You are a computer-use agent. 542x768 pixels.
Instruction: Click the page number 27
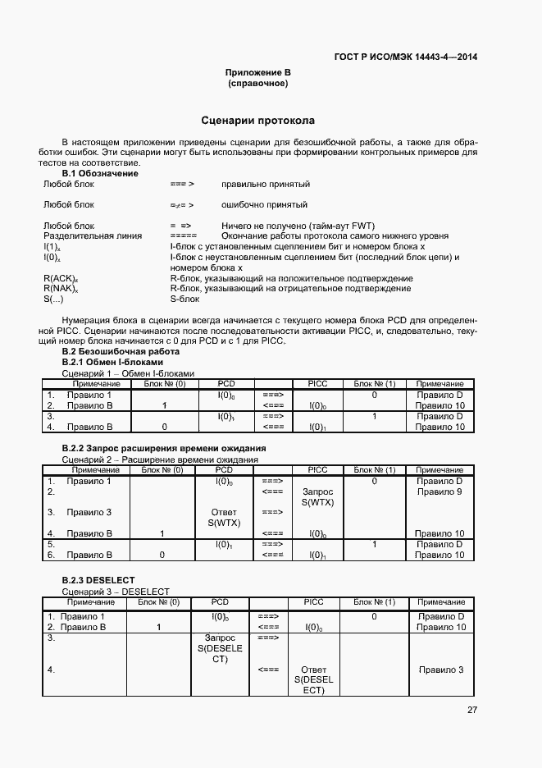coord(471,710)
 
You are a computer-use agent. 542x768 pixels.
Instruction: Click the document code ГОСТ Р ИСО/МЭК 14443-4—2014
coord(406,57)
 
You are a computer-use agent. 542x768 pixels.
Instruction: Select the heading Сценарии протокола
coord(258,120)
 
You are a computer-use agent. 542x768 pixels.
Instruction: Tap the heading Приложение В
coord(258,73)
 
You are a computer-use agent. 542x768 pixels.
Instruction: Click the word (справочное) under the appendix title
coord(258,84)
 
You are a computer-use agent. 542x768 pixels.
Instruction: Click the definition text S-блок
coord(184,299)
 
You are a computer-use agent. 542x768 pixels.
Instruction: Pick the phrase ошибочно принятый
coord(264,205)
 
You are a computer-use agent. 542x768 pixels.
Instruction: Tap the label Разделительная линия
coord(92,235)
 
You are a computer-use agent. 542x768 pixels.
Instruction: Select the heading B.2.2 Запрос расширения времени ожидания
coord(164,450)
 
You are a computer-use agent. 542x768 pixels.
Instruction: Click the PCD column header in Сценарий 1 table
coord(225,384)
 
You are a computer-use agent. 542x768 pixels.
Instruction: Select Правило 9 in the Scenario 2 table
coord(440,492)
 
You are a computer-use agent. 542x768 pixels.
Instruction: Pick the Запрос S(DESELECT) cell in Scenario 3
coord(220,648)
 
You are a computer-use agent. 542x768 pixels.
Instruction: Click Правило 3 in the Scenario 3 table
coord(440,670)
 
